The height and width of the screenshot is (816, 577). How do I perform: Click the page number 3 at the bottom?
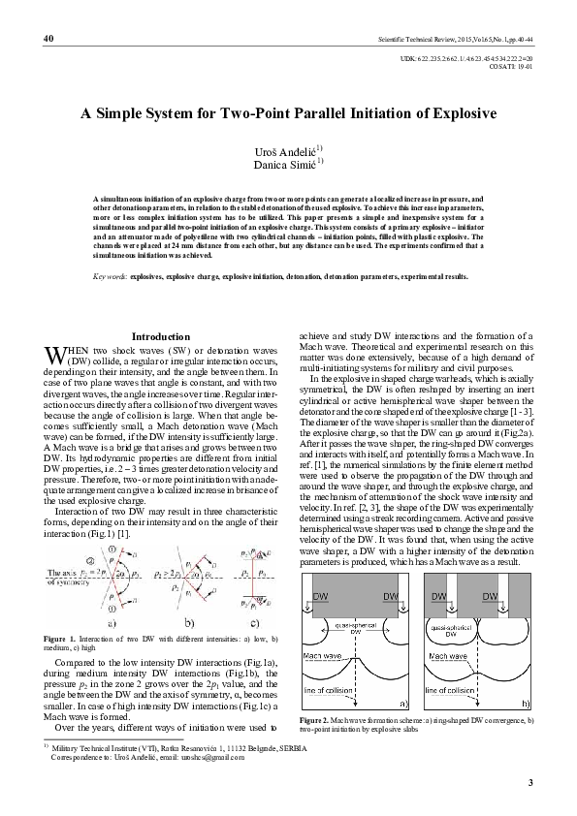point(530,780)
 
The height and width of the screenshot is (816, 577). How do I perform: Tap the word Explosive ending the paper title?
point(464,113)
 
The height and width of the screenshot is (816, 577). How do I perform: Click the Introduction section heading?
point(160,335)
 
